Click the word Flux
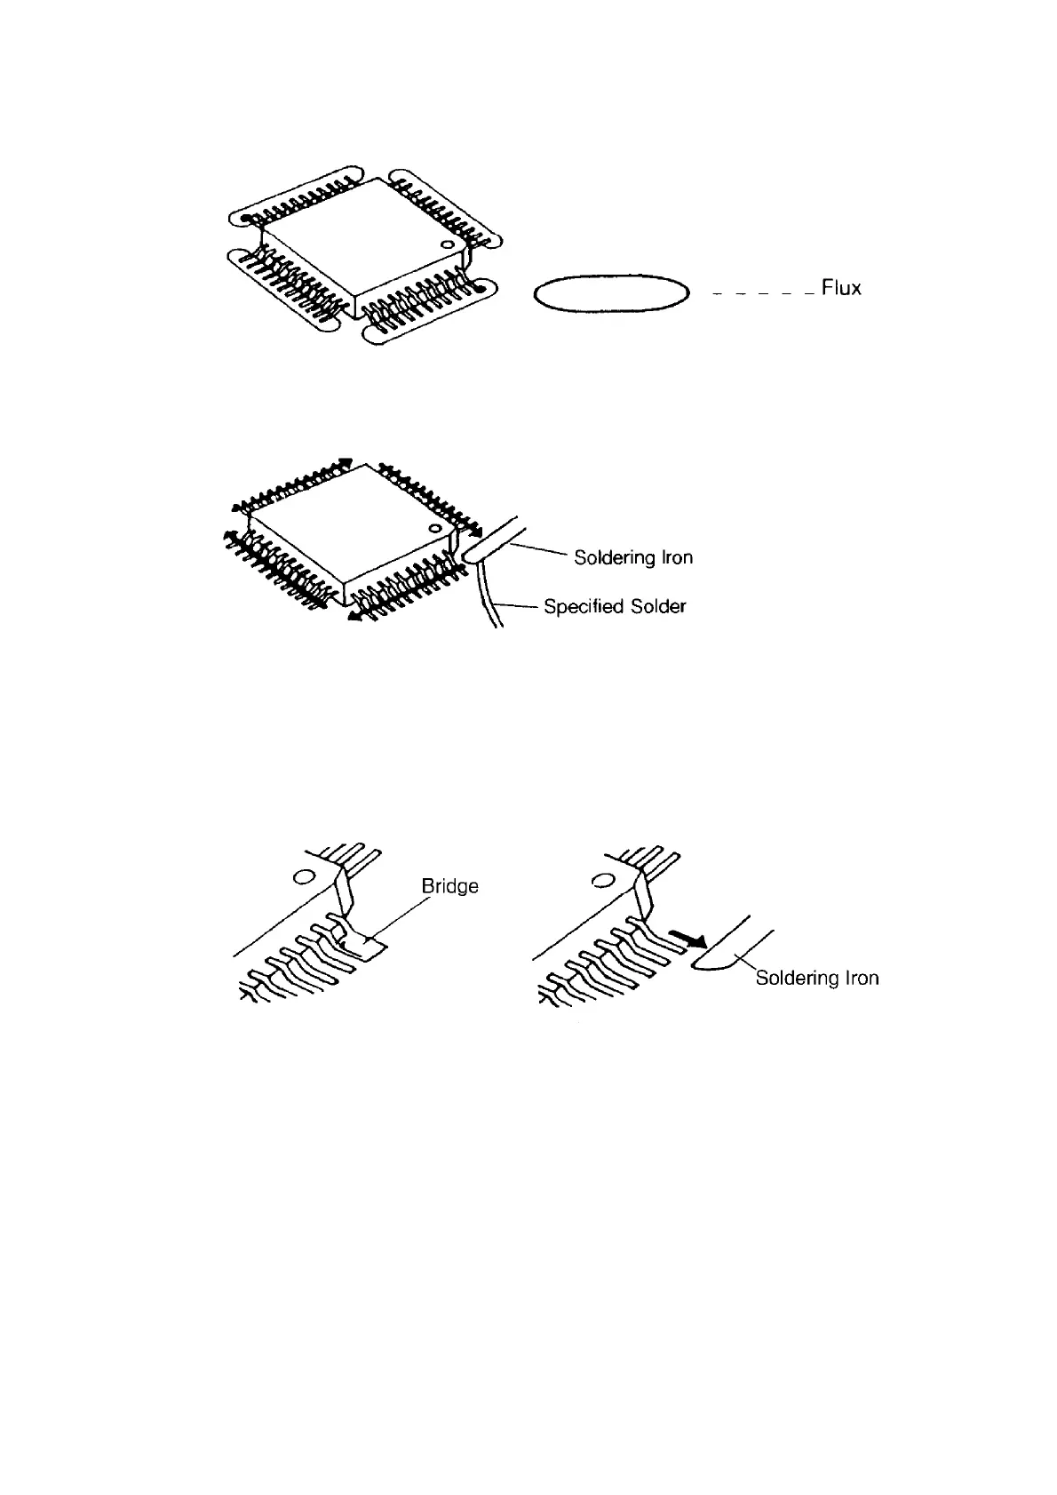841,288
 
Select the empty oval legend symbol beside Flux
612,293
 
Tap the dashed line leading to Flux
763,292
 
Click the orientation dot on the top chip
449,243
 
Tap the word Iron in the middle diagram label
675,558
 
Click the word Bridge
449,886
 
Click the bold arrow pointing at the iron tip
688,939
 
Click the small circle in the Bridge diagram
304,876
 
